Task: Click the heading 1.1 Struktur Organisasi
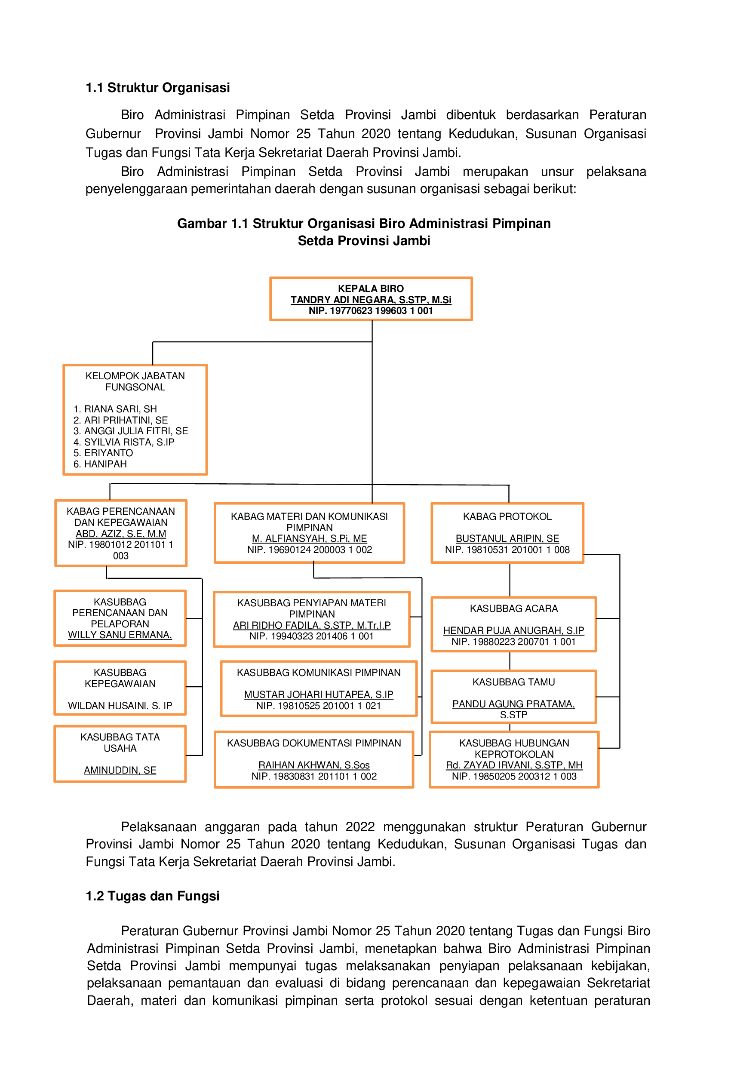tap(157, 88)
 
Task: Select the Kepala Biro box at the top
tap(371, 299)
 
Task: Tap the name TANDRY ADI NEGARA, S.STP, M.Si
tap(371, 300)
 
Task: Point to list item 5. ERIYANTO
tap(103, 453)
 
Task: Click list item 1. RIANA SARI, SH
tap(115, 409)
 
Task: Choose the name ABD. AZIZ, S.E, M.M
tap(121, 534)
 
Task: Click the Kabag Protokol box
tap(507, 533)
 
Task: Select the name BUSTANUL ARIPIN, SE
tap(507, 539)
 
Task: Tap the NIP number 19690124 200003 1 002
tap(310, 550)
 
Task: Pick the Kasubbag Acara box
tap(513, 624)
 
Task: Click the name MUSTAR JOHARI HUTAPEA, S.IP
tap(318, 695)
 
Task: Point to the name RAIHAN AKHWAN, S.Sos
tap(313, 765)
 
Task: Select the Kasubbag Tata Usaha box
tap(120, 754)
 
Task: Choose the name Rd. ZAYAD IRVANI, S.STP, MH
tap(513, 765)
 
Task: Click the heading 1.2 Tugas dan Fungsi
tap(152, 897)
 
